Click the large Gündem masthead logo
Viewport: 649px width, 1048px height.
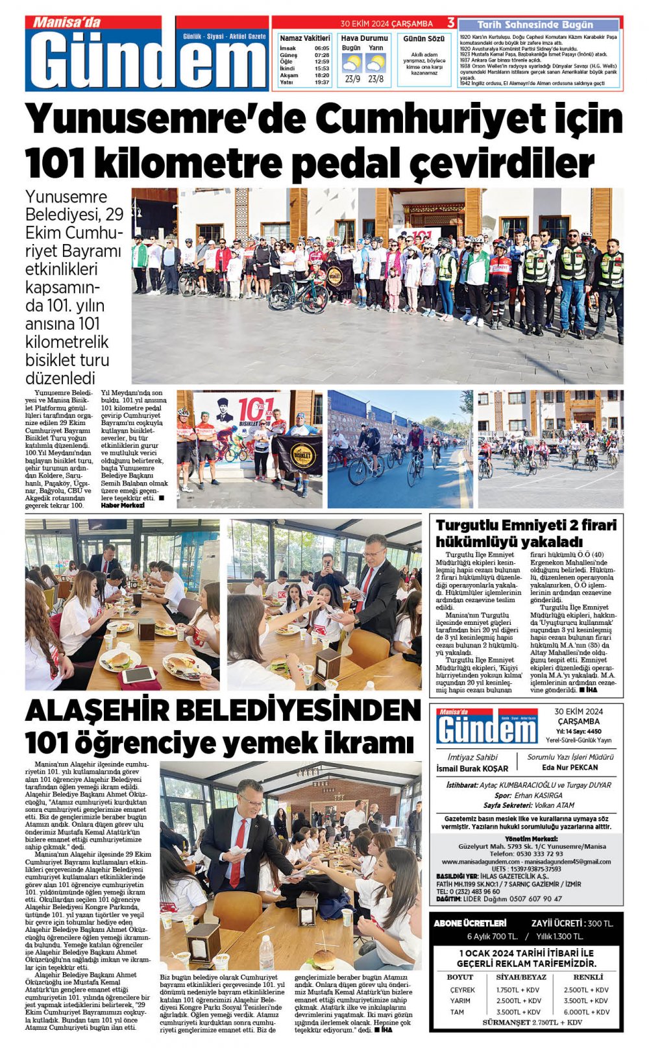click(148, 60)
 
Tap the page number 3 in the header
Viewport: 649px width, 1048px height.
click(450, 23)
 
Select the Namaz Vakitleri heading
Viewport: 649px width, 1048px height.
click(305, 38)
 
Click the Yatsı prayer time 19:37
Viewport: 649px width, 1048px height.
click(322, 82)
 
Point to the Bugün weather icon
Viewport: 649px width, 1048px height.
click(352, 64)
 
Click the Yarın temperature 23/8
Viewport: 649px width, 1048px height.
click(376, 79)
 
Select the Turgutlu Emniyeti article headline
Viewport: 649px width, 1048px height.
click(526, 533)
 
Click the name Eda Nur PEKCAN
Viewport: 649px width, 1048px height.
click(570, 767)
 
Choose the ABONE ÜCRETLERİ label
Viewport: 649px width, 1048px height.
click(470, 923)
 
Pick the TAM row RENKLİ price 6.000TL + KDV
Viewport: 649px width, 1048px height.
click(586, 1012)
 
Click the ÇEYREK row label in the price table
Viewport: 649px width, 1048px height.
click(462, 990)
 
